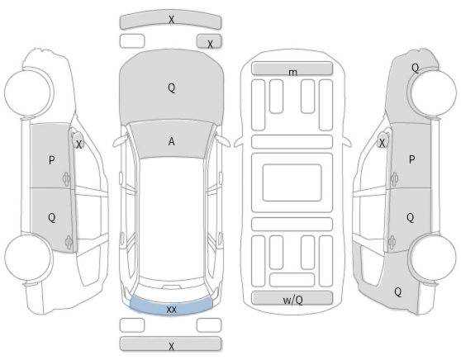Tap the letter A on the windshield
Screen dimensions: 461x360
171,142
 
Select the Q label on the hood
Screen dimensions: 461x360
171,88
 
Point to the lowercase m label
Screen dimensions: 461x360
292,73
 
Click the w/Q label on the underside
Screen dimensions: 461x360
292,300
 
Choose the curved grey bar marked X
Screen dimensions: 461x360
170,21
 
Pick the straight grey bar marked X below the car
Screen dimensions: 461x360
170,344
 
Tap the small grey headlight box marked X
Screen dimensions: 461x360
209,41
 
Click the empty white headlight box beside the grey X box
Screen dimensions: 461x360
132,41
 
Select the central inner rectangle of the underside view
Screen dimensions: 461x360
292,182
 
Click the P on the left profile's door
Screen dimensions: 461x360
51,160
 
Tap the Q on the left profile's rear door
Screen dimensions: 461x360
51,218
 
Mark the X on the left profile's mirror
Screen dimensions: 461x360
78,144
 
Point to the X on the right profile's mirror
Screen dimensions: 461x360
382,143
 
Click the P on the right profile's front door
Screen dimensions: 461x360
412,159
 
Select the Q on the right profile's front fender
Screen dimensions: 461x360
415,69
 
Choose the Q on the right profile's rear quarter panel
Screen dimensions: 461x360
397,292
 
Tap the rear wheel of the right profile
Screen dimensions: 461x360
433,258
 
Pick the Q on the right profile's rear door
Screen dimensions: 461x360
410,218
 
